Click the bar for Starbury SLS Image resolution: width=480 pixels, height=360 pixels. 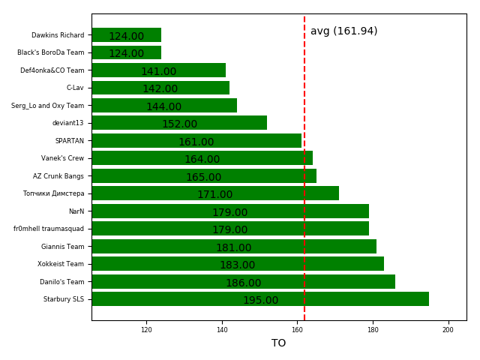[260, 299]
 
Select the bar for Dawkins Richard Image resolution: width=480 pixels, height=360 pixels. [126, 35]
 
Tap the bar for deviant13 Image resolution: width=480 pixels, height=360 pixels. [179, 123]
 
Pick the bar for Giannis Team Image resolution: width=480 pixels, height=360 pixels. [234, 247]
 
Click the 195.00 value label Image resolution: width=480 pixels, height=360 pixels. [260, 301]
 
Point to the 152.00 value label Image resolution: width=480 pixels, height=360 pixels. [179, 124]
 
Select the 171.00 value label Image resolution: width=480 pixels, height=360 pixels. [214, 195]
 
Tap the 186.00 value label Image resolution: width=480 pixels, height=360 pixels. [243, 283]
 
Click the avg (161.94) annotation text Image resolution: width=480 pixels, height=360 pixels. [343, 31]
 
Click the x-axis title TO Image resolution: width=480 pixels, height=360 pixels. [278, 343]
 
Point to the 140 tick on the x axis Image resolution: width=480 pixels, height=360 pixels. [222, 329]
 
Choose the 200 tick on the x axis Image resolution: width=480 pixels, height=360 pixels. [448, 329]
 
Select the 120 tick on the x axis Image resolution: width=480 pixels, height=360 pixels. [146, 329]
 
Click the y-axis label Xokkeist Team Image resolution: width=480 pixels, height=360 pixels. [61, 264]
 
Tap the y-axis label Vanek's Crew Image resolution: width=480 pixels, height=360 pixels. [62, 158]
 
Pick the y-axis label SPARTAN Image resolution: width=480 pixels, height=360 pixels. [69, 141]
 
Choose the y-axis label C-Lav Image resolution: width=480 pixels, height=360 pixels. [75, 88]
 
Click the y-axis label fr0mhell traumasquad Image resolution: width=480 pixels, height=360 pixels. [49, 229]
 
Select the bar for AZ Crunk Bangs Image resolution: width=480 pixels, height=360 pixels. [204, 176]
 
